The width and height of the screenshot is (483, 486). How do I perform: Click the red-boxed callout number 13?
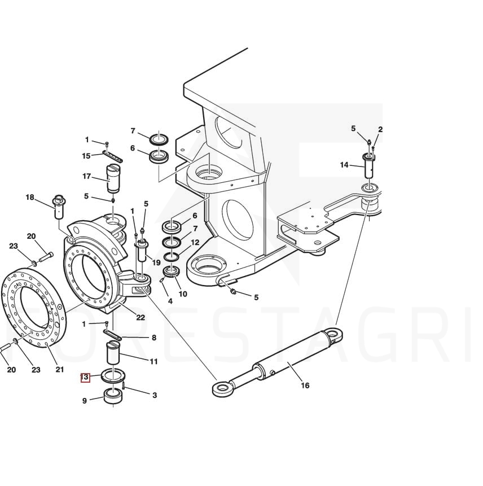coord(85,378)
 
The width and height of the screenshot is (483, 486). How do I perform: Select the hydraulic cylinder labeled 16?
coord(278,362)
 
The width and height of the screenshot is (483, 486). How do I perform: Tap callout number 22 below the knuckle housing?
coord(140,317)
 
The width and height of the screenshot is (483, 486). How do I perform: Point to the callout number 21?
coord(60,369)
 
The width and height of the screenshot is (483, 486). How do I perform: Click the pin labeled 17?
coord(113,178)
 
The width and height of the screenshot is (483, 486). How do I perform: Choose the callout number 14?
coord(344,165)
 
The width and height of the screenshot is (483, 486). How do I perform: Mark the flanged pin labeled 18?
coord(59,207)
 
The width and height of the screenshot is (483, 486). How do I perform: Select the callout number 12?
coord(195,242)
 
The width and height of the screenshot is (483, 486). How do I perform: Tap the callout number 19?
coord(156,262)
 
